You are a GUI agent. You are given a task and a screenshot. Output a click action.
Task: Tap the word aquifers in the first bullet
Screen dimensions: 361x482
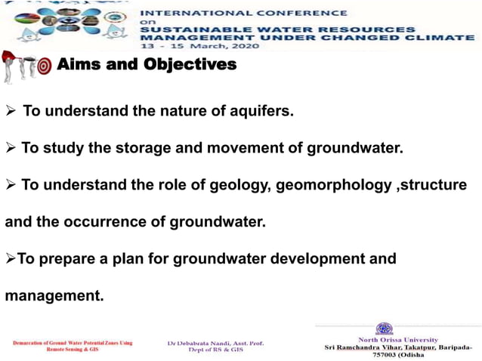(255, 112)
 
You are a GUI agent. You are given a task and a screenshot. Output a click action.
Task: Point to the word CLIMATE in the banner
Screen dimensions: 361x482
(444, 38)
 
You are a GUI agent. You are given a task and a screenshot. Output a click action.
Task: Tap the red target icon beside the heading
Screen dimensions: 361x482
(44, 66)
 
